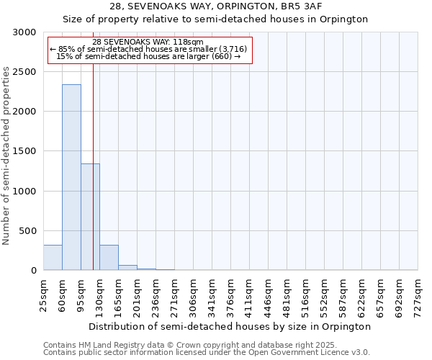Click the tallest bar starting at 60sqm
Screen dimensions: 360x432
coord(71,177)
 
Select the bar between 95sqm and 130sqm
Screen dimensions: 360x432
coord(90,217)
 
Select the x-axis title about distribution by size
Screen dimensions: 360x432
coord(230,326)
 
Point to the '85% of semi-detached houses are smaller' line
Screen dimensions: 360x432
coord(148,49)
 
